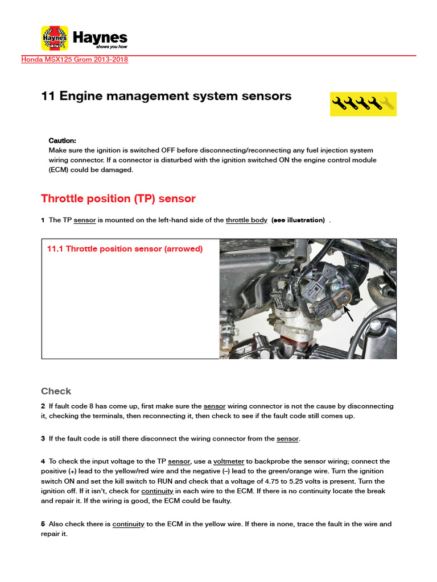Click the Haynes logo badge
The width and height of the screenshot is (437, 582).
coord(55,38)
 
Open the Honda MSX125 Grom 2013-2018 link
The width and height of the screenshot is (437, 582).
coord(75,60)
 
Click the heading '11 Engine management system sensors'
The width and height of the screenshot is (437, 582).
coord(166,96)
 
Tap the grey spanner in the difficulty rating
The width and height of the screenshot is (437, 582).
coord(387,103)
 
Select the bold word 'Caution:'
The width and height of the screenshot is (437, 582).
coord(62,140)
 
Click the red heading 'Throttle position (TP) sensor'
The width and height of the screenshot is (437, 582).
coord(118,198)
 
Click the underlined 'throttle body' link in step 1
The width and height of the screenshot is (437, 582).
coord(246,220)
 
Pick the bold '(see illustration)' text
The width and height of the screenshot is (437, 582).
coord(298,220)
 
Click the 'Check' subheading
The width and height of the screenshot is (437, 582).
coord(56,391)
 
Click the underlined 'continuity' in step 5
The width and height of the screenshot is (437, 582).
coord(128,524)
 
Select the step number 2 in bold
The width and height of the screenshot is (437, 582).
coord(43,406)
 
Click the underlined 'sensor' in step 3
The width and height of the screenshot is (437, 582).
coord(287,439)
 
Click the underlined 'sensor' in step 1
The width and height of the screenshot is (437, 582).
coord(85,220)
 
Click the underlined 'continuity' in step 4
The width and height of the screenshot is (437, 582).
coord(157,490)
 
